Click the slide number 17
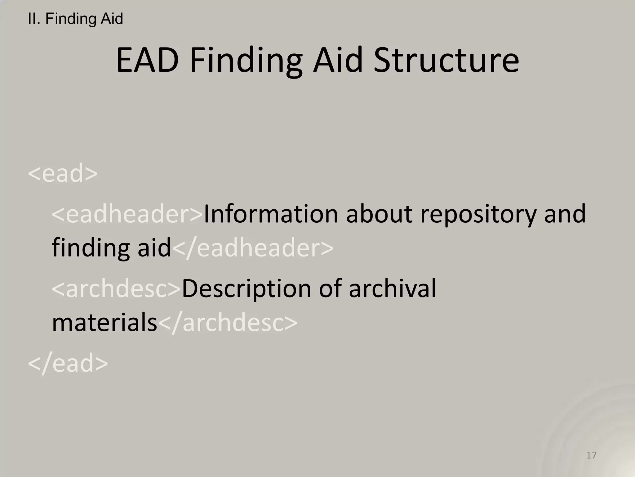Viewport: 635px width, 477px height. pyautogui.click(x=591, y=455)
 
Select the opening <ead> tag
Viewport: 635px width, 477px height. pyautogui.click(x=63, y=173)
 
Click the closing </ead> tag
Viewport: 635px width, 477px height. pyautogui.click(x=68, y=363)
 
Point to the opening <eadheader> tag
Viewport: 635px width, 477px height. pyautogui.click(x=127, y=214)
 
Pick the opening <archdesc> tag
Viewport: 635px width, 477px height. pyautogui.click(x=116, y=289)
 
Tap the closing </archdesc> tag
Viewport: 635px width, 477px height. pyautogui.click(x=228, y=323)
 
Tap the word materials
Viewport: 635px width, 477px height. pyautogui.click(x=104, y=323)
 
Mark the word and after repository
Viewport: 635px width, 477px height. pyautogui.click(x=565, y=214)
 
